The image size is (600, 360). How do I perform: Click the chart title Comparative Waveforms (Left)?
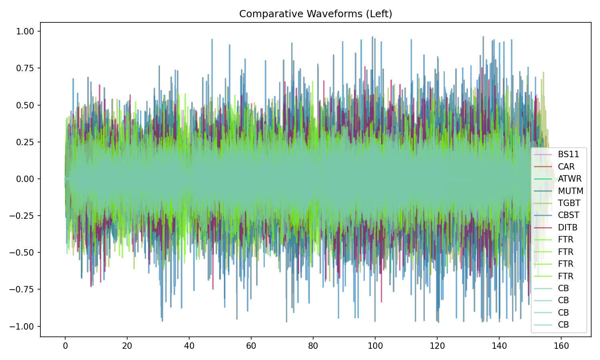point(316,14)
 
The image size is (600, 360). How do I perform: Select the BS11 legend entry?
point(568,154)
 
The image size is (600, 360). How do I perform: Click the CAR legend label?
point(566,167)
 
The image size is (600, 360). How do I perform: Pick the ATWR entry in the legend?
point(570,179)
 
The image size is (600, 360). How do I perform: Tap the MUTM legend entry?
point(570,191)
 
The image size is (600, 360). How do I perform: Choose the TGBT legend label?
point(569,203)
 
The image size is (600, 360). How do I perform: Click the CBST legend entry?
point(568,215)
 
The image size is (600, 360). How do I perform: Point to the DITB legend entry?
point(568,228)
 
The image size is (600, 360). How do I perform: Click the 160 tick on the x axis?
point(561,346)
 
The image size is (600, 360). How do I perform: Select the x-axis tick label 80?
point(313,346)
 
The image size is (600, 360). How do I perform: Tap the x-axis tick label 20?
point(127,346)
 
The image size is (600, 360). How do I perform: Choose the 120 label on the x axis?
point(437,346)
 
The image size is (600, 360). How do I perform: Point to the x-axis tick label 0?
point(65,346)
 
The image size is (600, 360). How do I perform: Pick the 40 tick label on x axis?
point(189,346)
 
